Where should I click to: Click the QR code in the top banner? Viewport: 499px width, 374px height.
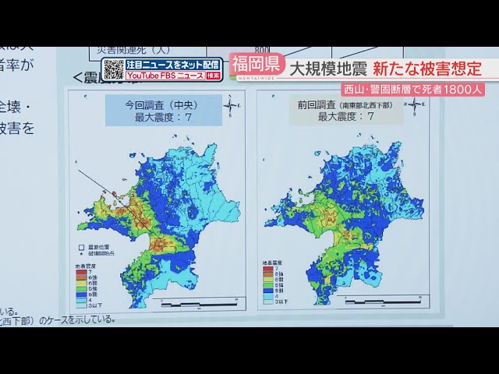tap(114, 69)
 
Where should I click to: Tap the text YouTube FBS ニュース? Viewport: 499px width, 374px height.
tap(165, 76)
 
